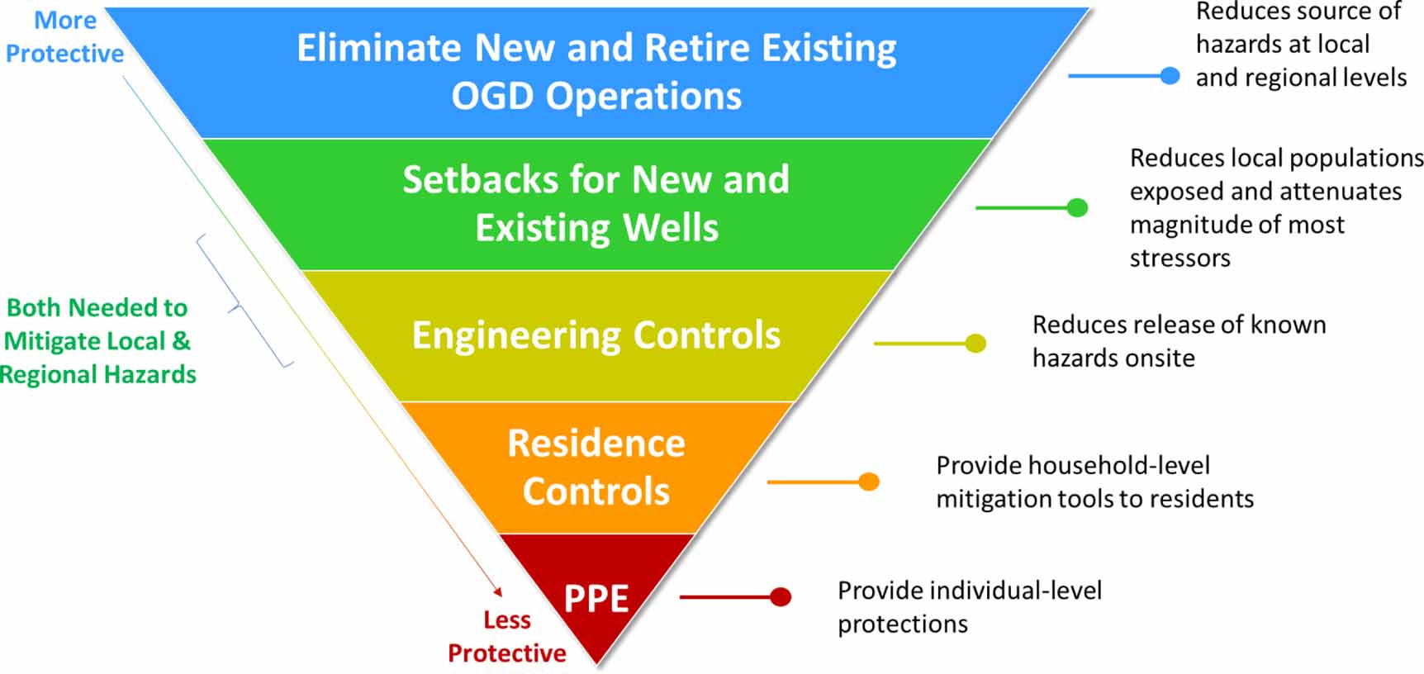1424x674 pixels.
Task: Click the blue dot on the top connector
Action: point(1169,76)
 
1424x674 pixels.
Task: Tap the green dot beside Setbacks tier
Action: point(1077,207)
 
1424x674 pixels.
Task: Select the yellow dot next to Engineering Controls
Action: point(975,343)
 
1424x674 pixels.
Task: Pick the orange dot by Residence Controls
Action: point(869,482)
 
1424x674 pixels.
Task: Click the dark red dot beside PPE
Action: point(780,596)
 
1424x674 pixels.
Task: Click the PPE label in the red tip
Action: point(596,598)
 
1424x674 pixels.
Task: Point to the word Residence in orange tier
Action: point(596,444)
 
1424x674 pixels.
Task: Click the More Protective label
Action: point(64,37)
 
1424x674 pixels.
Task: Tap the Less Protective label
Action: point(506,636)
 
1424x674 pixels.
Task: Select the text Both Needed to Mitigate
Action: point(97,324)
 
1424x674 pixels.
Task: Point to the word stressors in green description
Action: point(1180,259)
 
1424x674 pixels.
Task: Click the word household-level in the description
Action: point(1118,466)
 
